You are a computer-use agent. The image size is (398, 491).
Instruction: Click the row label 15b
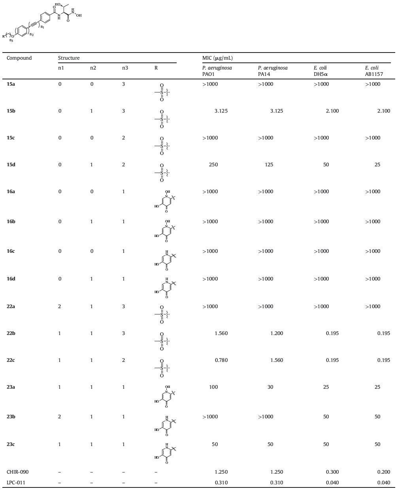11,111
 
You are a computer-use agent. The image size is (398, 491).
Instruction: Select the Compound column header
19,58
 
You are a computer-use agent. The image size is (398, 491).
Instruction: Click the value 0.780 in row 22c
221,360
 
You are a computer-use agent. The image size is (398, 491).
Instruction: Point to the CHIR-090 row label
17,472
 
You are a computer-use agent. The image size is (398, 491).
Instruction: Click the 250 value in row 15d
213,165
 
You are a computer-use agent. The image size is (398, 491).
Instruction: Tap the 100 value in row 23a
213,387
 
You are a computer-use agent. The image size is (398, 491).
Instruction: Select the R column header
156,68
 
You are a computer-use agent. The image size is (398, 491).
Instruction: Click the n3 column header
125,68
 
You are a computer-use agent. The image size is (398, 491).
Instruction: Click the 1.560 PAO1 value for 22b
221,333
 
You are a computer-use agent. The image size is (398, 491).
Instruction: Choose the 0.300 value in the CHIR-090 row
332,472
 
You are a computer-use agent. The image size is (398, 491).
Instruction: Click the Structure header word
69,58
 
